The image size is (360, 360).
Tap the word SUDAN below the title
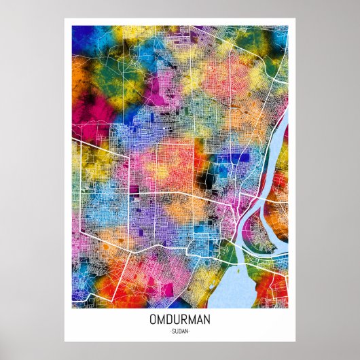(180, 331)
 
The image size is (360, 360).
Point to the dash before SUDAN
(170, 331)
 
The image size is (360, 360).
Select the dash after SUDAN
(190, 331)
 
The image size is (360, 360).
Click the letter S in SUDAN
(173, 331)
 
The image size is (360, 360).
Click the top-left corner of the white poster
(65, 18)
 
